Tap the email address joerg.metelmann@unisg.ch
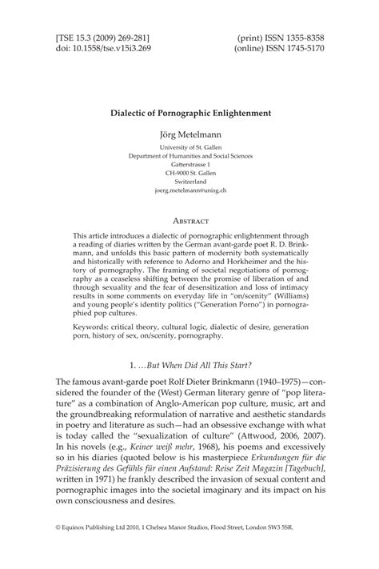click(190, 190)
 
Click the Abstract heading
click(189, 219)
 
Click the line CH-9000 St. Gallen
click(190, 172)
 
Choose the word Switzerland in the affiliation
click(190, 182)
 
